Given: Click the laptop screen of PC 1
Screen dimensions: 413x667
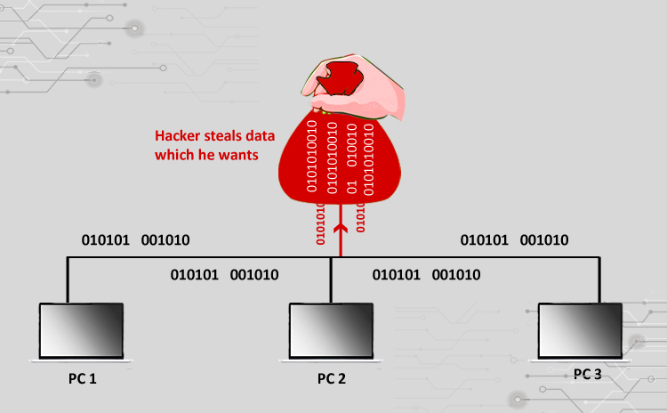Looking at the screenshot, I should pos(79,330).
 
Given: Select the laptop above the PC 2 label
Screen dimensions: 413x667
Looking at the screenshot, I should pos(331,330).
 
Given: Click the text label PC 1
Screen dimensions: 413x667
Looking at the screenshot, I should pos(82,378).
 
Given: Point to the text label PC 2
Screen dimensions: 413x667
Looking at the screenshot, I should pos(332,378).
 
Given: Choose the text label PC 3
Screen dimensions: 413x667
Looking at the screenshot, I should pos(587,375).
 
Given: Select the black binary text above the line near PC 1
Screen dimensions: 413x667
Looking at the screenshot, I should pos(135,240).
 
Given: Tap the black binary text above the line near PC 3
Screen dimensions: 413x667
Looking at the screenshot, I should pos(514,240).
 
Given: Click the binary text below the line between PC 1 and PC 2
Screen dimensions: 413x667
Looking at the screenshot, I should pos(224,275).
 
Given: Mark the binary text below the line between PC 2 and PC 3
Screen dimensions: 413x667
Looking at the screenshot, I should pos(426,275).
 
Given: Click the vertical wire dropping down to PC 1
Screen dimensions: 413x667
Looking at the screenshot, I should pos(68,280).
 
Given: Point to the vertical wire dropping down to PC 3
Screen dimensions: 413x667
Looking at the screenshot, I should pos(598,280).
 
